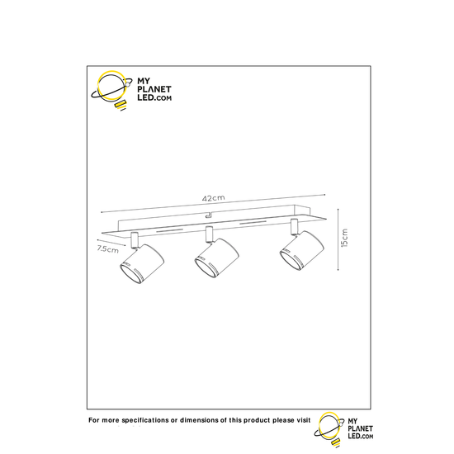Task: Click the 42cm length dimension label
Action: [213, 198]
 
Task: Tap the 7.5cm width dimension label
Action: [106, 248]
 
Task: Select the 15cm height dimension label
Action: [344, 239]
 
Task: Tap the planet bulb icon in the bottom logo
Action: [329, 424]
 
